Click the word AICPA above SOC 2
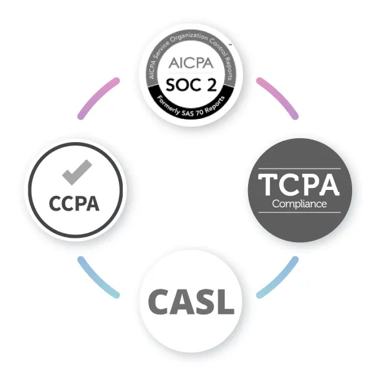[x=191, y=63]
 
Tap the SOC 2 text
[x=191, y=85]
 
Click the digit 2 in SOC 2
[x=212, y=85]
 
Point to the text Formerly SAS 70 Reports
[x=191, y=107]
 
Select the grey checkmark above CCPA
[x=77, y=172]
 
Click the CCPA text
[x=74, y=204]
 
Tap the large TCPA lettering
[x=298, y=185]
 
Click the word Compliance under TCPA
[x=299, y=204]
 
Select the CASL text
[x=191, y=302]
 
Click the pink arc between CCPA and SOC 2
[x=96, y=96]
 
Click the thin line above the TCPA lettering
[x=299, y=169]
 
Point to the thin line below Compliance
[x=299, y=212]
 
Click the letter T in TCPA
[x=268, y=185]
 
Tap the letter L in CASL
[x=226, y=302]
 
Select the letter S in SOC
[x=171, y=85]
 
